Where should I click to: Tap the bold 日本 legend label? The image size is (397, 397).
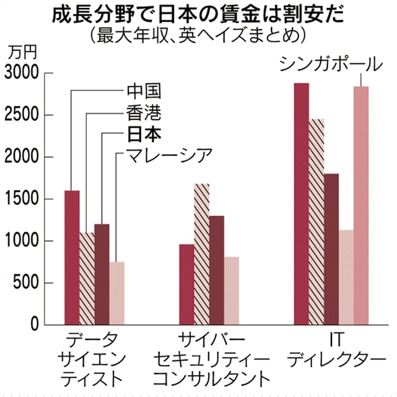[x=144, y=135]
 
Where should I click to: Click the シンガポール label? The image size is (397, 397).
[x=331, y=64]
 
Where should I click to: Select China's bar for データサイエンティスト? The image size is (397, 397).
[x=72, y=257]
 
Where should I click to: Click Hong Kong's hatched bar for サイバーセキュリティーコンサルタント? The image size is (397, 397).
[x=201, y=254]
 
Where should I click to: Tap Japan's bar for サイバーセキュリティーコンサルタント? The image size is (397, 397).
[x=216, y=270]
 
